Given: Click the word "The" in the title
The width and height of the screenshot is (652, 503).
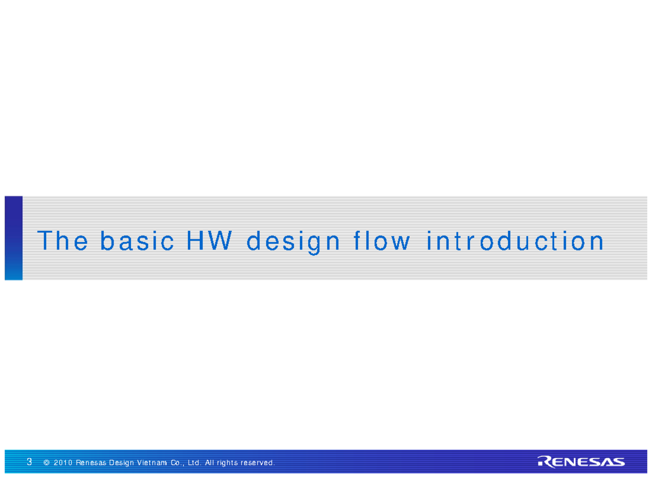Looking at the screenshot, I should coord(62,241).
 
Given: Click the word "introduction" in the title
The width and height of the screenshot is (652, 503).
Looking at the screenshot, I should coord(515,241).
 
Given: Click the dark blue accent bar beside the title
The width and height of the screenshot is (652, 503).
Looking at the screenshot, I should coord(14,238).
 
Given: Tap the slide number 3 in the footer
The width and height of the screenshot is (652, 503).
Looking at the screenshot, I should coord(29,462).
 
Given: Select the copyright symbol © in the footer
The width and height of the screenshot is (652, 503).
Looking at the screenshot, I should coord(47,463).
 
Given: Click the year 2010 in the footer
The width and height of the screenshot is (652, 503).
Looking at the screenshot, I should coord(63,463).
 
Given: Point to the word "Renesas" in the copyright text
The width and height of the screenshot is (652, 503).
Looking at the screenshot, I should coord(91,463).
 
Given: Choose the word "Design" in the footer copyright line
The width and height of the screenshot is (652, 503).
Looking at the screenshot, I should coord(122,463).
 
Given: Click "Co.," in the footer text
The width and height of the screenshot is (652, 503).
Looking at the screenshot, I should coord(179,463).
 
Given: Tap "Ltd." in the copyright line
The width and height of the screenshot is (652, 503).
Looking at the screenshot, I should coord(195,463).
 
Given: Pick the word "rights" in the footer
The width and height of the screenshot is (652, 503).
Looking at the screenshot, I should coord(229,463).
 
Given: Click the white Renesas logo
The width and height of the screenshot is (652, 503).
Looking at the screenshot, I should coord(581,462).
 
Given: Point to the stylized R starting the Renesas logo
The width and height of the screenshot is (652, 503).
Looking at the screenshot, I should coord(544,462).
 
